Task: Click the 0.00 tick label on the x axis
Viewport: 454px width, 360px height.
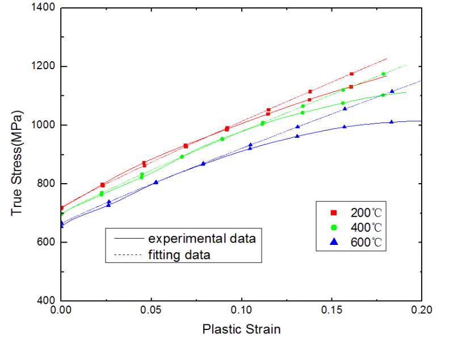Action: pyautogui.click(x=61, y=310)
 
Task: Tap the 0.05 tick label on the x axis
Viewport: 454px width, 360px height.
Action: pyautogui.click(x=151, y=310)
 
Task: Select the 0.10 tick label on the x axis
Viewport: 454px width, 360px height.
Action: pyautogui.click(x=241, y=310)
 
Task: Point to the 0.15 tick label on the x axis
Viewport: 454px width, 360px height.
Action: pyautogui.click(x=331, y=310)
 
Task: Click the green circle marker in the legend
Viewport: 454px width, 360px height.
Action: pyautogui.click(x=334, y=227)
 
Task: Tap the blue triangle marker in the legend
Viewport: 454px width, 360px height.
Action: pyautogui.click(x=334, y=242)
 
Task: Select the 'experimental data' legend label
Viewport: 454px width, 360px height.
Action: pyautogui.click(x=202, y=239)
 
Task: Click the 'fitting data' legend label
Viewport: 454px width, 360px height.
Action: pyautogui.click(x=179, y=255)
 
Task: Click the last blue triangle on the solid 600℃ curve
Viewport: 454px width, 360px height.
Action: pyautogui.click(x=392, y=121)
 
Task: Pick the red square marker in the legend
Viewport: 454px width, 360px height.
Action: pyautogui.click(x=334, y=213)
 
